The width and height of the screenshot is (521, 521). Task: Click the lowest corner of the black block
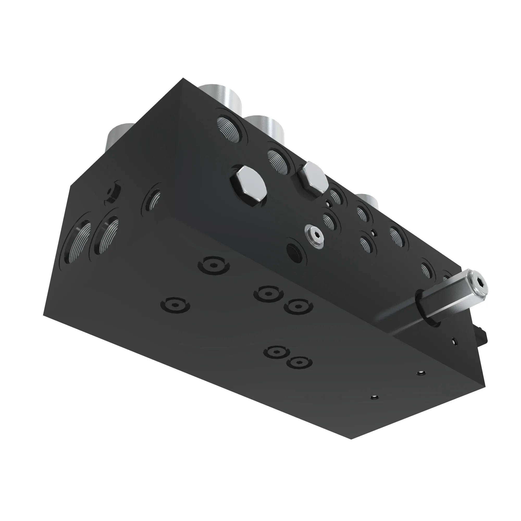click(351, 439)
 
